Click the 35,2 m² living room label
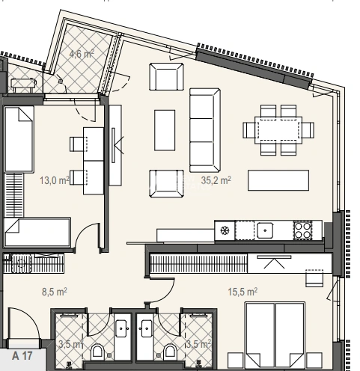click(216, 180)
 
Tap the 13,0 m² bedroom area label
click(55, 180)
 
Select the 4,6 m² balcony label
click(82, 54)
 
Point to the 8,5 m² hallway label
click(55, 291)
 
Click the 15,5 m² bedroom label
click(242, 291)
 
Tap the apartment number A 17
click(22, 355)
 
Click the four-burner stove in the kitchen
click(303, 230)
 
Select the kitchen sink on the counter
click(265, 230)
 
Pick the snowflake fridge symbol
click(225, 230)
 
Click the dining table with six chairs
click(278, 130)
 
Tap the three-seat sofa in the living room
click(205, 130)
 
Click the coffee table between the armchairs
click(165, 130)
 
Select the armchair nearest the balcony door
click(166, 76)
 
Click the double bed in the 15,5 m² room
click(275, 337)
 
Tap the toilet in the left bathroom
click(97, 352)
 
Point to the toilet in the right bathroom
click(171, 352)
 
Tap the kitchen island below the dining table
click(278, 180)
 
